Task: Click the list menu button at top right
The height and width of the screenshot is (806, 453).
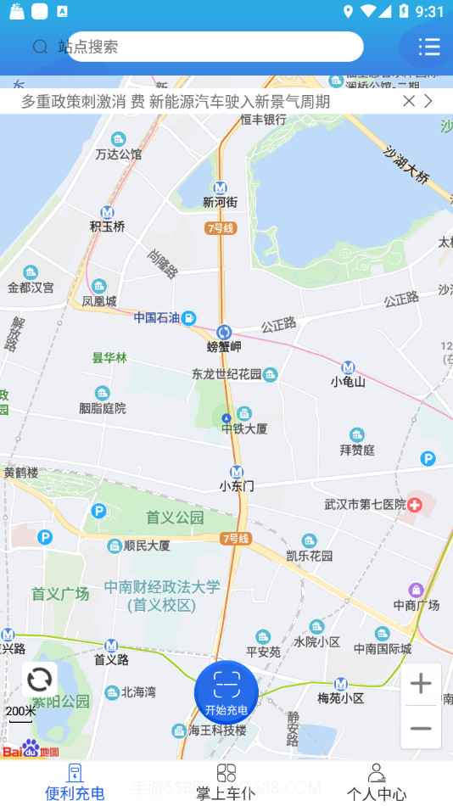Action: click(x=429, y=47)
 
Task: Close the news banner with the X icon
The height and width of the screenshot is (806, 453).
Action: click(x=409, y=101)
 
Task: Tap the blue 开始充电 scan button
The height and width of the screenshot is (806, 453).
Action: click(x=226, y=692)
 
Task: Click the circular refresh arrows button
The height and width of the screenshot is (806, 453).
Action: click(x=40, y=680)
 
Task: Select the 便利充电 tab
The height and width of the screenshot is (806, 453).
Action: click(x=75, y=782)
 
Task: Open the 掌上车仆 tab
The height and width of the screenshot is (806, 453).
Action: click(x=226, y=782)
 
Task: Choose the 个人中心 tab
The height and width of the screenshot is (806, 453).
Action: click(x=377, y=782)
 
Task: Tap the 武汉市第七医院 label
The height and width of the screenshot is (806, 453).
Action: click(x=365, y=505)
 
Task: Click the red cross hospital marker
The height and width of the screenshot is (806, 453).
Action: click(x=415, y=505)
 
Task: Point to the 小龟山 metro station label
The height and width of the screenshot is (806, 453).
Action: click(x=348, y=382)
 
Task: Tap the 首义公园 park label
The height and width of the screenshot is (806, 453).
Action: click(x=175, y=517)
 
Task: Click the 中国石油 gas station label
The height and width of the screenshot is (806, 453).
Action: click(x=157, y=318)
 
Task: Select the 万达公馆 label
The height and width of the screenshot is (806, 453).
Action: click(x=119, y=154)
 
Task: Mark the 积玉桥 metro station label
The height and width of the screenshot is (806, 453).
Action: click(x=108, y=227)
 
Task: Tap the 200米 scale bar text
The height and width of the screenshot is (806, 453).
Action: click(x=20, y=711)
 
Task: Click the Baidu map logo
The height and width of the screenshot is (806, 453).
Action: click(x=31, y=750)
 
